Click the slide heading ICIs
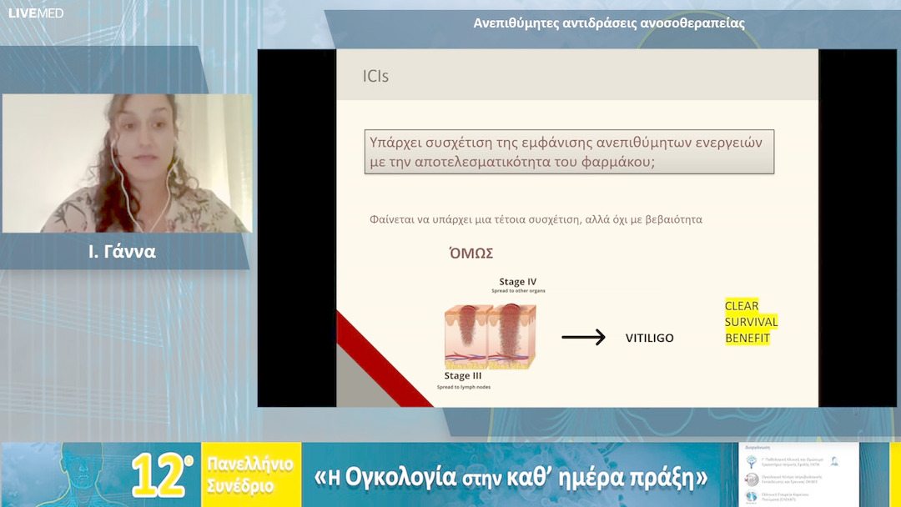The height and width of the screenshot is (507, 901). pyautogui.click(x=375, y=77)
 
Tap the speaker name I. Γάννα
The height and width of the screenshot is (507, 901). pyautogui.click(x=123, y=252)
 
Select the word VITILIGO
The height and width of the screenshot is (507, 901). pyautogui.click(x=649, y=338)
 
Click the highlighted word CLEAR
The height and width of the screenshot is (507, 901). pyautogui.click(x=742, y=306)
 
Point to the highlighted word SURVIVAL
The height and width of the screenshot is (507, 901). pyautogui.click(x=751, y=322)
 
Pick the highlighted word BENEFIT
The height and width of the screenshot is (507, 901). pyautogui.click(x=747, y=338)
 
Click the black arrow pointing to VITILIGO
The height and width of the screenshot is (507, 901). pyautogui.click(x=583, y=338)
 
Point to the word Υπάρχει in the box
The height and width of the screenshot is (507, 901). pyautogui.click(x=395, y=142)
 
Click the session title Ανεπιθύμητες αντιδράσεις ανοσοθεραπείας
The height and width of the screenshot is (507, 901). pyautogui.click(x=608, y=23)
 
